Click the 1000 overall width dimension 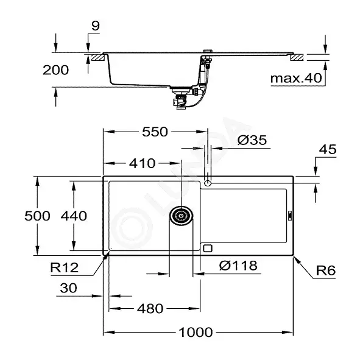tap(196, 332)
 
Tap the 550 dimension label tap(155, 132)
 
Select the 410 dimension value tap(142, 163)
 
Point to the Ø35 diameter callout tap(252, 140)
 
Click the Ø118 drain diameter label tap(238, 266)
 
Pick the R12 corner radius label tap(65, 267)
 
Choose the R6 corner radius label tap(326, 270)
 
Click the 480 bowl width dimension tap(150, 309)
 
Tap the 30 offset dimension tap(68, 288)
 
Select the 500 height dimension tap(37, 216)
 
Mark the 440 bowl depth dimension tap(74, 216)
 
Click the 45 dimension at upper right tap(328, 149)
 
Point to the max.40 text tap(296, 79)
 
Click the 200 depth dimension tap(56, 70)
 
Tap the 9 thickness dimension tap(96, 26)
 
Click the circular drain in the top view tap(181, 216)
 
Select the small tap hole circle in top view tap(208, 183)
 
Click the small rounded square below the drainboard tap(208, 248)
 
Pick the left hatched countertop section tap(99, 57)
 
